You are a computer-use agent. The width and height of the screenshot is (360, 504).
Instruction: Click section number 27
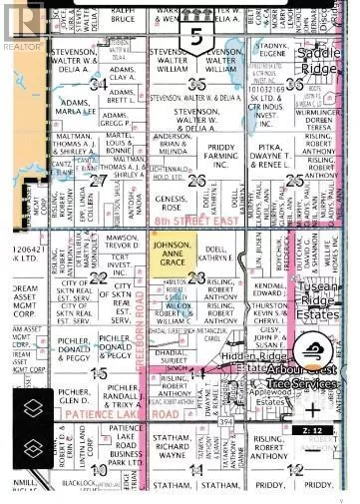pos(98,181)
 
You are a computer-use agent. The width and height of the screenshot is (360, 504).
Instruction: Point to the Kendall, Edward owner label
pos(270,288)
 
